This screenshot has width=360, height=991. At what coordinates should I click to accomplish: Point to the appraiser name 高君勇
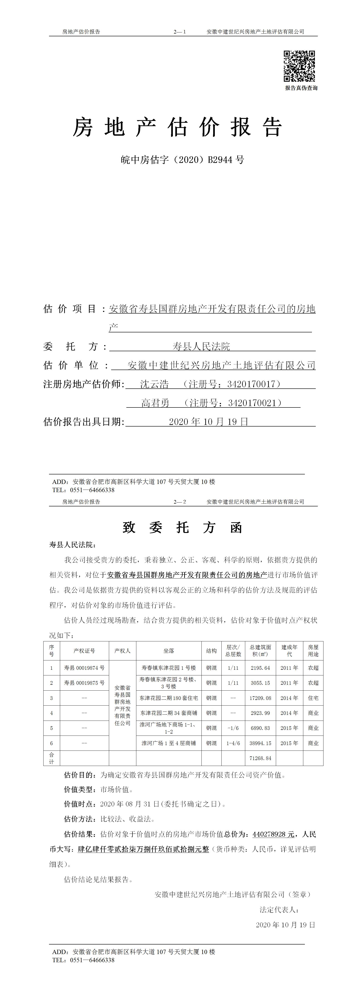(x=155, y=403)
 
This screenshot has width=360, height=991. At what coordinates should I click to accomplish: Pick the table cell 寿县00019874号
(x=84, y=668)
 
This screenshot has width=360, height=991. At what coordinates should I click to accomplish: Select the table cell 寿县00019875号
(x=84, y=683)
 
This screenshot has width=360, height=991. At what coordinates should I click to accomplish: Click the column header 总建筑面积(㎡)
(x=260, y=650)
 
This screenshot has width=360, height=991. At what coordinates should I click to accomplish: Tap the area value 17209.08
(x=260, y=698)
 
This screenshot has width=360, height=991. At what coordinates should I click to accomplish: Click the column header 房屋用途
(x=313, y=650)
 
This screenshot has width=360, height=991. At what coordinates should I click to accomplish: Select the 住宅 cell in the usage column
(x=313, y=698)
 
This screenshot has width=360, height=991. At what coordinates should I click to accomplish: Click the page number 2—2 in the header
(x=180, y=502)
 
